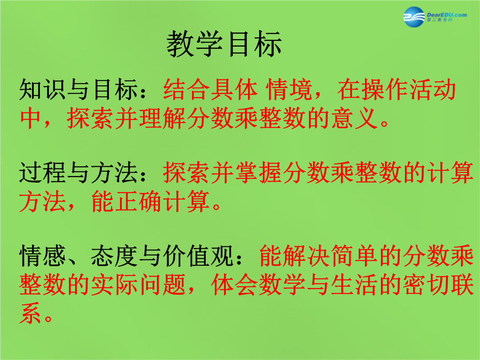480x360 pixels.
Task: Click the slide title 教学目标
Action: [x=224, y=44]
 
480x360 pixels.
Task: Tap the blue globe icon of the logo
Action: [x=414, y=17]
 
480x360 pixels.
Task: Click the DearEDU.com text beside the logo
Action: [x=447, y=15]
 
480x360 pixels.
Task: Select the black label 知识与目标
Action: [x=78, y=90]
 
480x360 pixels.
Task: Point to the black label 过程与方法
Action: [x=78, y=173]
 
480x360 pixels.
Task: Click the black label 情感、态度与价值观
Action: [x=126, y=256]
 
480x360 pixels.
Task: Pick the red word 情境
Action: [x=289, y=90]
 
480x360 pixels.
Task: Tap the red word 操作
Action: [x=385, y=90]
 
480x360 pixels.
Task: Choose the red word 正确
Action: [x=139, y=201]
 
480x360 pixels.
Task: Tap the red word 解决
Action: [x=307, y=256]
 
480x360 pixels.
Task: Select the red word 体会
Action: [x=235, y=285]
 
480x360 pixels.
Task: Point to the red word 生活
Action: [x=355, y=285]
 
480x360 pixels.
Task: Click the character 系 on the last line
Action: [x=30, y=313]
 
